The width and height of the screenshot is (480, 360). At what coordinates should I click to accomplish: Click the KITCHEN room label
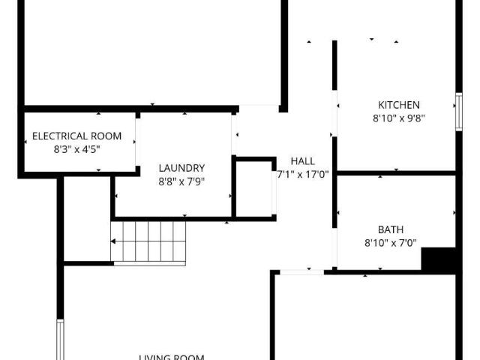pos(398,105)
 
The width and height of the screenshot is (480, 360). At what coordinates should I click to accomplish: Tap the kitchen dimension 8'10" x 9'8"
pos(398,118)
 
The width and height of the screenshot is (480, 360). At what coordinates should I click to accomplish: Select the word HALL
pos(303,161)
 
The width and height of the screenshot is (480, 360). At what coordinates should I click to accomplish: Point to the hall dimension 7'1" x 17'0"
pos(303,174)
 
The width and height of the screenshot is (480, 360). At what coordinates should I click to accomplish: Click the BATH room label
pos(390,229)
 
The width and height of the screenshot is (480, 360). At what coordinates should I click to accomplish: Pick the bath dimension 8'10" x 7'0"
pos(390,242)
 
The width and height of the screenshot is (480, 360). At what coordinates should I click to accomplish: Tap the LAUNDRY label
pos(181,168)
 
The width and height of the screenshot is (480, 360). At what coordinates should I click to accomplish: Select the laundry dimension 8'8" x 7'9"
pos(181,181)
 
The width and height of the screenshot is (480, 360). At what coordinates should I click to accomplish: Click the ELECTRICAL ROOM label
pos(76,136)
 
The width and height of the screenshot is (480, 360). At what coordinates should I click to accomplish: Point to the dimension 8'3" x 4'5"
pos(76,148)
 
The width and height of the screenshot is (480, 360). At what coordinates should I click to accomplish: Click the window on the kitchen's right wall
pos(458,111)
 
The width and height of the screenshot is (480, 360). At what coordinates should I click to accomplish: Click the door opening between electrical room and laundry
pos(137,142)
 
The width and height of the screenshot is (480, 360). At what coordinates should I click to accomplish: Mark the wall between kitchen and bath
pos(396,172)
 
